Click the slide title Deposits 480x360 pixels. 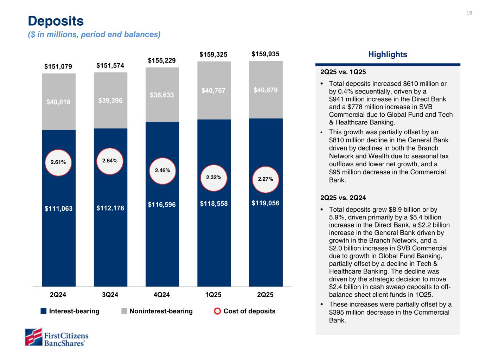click(x=56, y=21)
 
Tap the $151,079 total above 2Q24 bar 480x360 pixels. click(x=58, y=66)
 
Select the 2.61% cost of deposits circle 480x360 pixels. click(x=58, y=162)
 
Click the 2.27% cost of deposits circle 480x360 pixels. click(x=265, y=179)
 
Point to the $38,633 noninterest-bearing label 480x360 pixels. click(x=162, y=95)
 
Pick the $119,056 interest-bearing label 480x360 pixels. click(x=265, y=203)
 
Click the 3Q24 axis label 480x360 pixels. click(x=110, y=295)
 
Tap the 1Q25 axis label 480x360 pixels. click(x=213, y=295)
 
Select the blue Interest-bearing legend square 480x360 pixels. click(x=44, y=311)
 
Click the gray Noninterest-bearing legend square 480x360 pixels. click(x=124, y=311)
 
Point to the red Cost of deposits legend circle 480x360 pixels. click(x=218, y=311)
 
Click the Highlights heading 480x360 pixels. click(x=388, y=54)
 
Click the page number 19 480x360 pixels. click(x=469, y=13)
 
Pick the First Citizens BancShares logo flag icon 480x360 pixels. click(x=33, y=337)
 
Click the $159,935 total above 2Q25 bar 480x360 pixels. click(x=265, y=54)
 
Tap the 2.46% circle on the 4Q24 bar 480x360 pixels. click(x=162, y=171)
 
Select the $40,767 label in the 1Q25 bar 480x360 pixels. click(x=214, y=91)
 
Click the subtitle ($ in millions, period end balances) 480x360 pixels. click(x=94, y=34)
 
